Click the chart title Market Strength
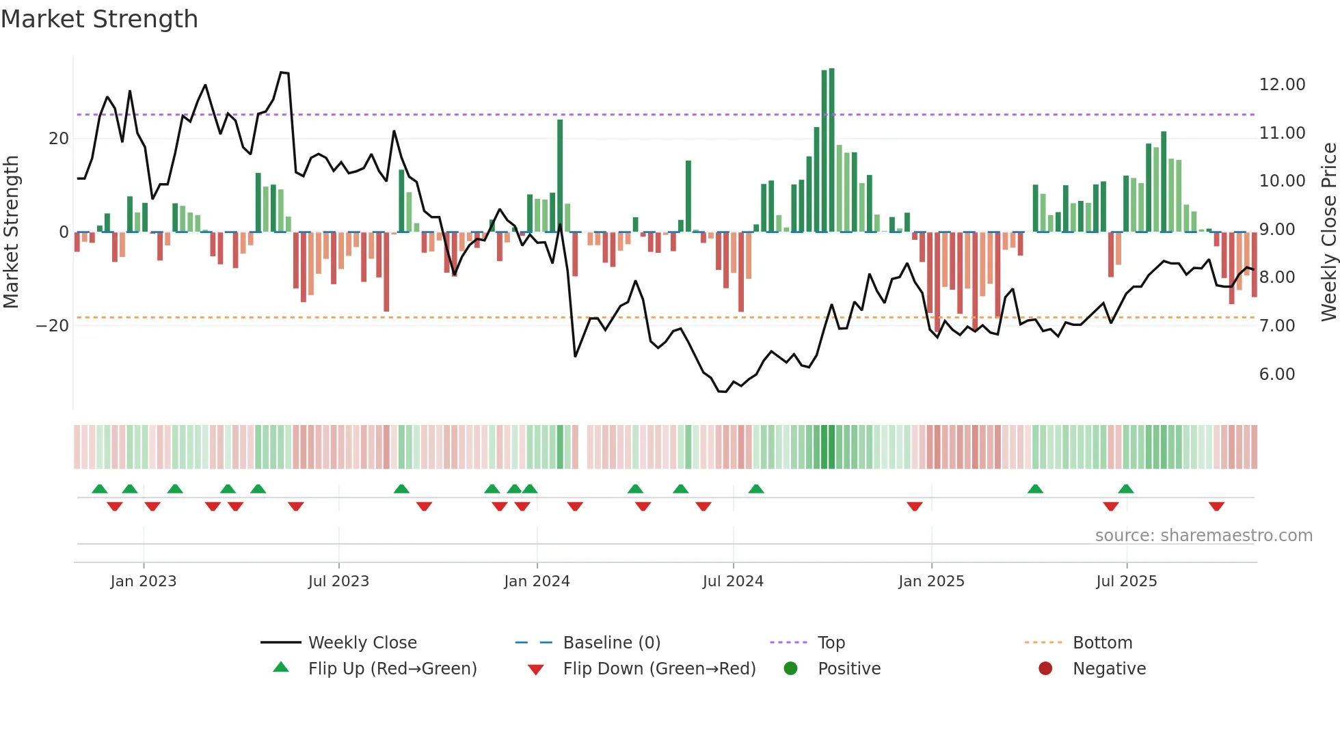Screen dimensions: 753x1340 coord(99,19)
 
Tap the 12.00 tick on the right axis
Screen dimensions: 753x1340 coord(1282,85)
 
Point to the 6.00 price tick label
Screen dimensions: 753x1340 coord(1276,374)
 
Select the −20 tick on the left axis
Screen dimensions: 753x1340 coord(53,326)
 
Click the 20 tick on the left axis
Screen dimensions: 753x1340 coord(59,139)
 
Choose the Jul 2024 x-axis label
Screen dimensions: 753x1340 coord(732,581)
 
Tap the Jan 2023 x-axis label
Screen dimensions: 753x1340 coord(144,581)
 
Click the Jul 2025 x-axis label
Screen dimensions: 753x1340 coord(1126,581)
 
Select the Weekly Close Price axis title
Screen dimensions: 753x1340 coord(1328,232)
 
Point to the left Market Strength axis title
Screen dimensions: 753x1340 coord(12,232)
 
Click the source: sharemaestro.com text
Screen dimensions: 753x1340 coord(1203,536)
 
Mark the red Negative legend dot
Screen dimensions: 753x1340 coord(1045,668)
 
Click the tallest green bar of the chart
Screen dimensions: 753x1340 coord(831,150)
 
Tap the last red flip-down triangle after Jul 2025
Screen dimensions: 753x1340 coord(1216,506)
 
